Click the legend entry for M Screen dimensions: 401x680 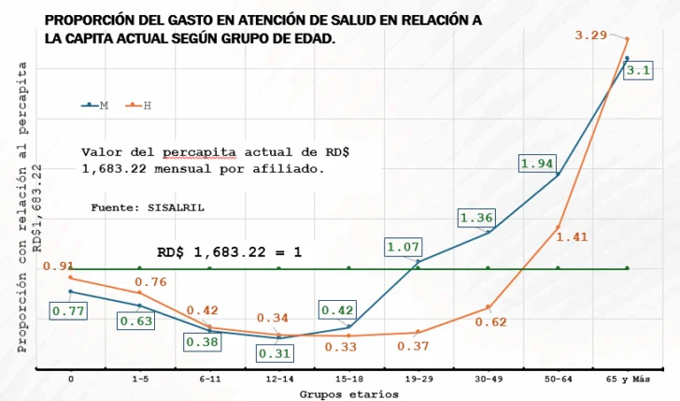(95, 106)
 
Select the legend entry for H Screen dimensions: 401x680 (139, 106)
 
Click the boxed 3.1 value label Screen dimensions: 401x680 (640, 71)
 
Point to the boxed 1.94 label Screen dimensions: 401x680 (537, 164)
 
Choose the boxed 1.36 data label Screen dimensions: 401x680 (476, 219)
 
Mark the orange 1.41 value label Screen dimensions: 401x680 (572, 237)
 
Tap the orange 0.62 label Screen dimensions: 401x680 (490, 322)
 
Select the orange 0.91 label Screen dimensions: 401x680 (58, 266)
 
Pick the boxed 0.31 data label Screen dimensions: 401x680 (274, 353)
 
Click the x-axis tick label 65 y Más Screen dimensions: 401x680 (627, 379)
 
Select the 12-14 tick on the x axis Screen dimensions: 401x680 (278, 379)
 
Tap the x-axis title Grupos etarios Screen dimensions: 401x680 (348, 394)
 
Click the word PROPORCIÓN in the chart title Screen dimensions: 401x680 (90, 20)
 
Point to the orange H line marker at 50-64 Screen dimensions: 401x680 (558, 227)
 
